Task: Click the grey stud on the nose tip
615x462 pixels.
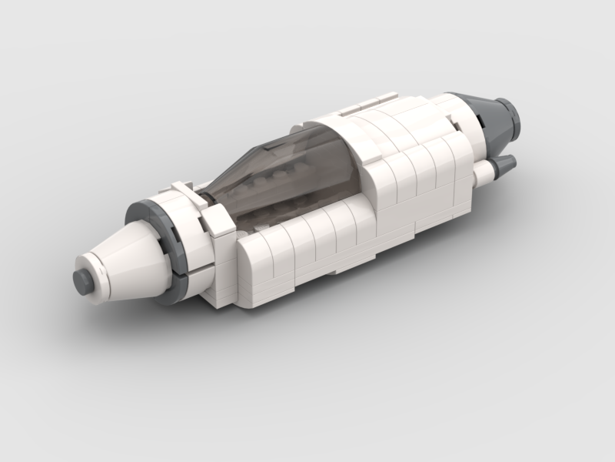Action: click(x=83, y=281)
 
